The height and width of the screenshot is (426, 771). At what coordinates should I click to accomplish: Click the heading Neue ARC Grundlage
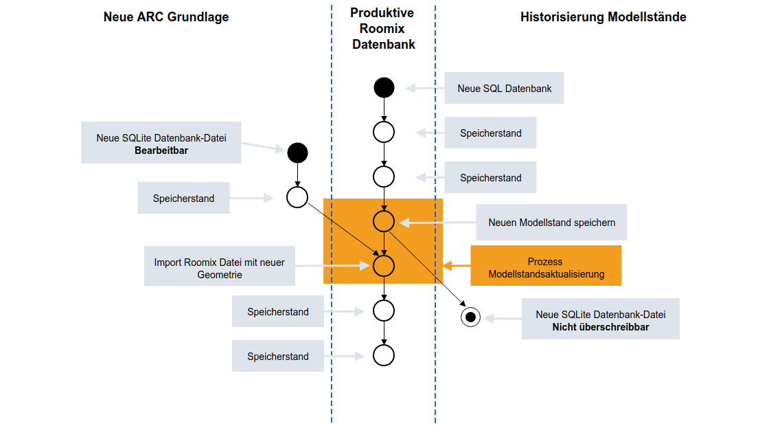pos(166,17)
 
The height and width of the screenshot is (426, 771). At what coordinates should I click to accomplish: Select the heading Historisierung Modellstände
pos(603,17)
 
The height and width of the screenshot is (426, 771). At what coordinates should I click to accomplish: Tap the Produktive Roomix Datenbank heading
pos(383,29)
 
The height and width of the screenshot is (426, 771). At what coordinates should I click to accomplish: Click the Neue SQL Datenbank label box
pos(505,88)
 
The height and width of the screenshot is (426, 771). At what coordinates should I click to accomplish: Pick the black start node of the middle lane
pos(384,88)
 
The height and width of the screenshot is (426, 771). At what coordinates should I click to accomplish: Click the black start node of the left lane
pos(297,153)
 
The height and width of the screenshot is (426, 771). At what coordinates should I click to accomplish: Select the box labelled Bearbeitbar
pos(161,144)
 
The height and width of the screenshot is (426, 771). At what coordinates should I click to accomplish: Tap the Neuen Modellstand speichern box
pos(551,223)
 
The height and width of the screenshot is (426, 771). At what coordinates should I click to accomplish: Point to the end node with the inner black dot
pos(470,317)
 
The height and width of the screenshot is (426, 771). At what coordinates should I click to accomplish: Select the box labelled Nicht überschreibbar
pos(600,319)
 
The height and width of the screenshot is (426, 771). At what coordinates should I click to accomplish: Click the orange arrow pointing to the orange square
pos(456,265)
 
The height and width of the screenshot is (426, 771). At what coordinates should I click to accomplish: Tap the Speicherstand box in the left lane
pos(183,199)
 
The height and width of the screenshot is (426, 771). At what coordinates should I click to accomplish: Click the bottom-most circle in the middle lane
pos(384,355)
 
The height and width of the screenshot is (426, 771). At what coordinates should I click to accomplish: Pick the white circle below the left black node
pos(297,198)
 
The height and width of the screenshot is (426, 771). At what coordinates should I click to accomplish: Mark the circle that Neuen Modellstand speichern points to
pos(384,221)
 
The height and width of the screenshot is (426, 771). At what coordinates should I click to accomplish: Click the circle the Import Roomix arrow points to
pos(384,265)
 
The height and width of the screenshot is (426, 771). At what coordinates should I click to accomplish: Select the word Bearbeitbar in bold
pos(161,150)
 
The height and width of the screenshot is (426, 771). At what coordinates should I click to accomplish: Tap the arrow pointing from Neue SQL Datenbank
pos(422,88)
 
